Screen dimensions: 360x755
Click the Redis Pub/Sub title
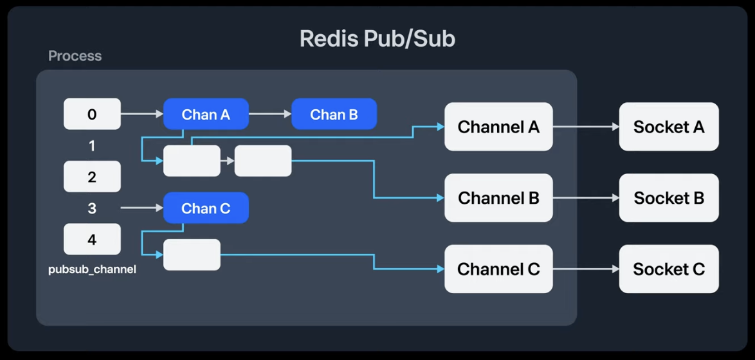click(x=377, y=39)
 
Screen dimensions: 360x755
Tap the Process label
click(x=75, y=56)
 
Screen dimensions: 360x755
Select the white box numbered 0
click(x=92, y=114)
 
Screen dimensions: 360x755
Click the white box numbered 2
click(x=92, y=177)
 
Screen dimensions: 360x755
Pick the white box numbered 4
click(x=92, y=239)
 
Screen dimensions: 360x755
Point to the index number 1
click(x=92, y=146)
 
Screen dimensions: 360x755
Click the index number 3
click(x=92, y=208)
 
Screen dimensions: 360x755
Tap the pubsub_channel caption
click(x=92, y=269)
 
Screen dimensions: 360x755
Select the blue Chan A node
click(x=206, y=114)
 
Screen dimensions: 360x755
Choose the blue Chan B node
click(x=334, y=114)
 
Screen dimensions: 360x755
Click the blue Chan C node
click(x=206, y=208)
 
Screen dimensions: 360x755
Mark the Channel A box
click(x=498, y=127)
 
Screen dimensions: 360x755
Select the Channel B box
click(x=498, y=197)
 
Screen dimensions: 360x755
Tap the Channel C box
click(x=498, y=269)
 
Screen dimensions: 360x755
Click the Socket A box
click(x=669, y=127)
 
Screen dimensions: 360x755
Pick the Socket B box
click(x=669, y=197)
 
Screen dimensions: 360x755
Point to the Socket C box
click(x=669, y=269)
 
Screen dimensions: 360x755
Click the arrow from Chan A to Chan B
click(x=270, y=114)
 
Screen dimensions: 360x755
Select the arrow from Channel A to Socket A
click(x=585, y=127)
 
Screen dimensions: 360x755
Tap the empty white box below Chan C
click(x=192, y=255)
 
